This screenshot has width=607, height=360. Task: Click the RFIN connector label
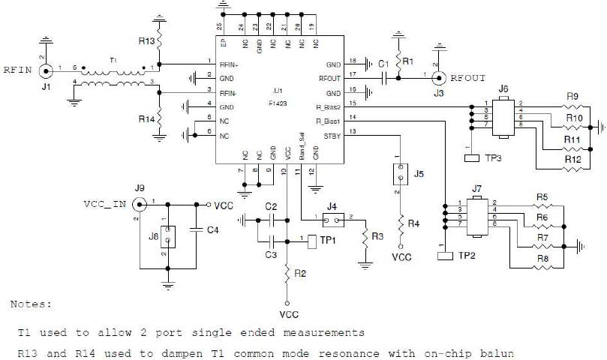click(17, 71)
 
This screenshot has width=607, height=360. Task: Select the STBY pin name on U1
click(331, 135)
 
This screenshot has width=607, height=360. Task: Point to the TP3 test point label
click(492, 157)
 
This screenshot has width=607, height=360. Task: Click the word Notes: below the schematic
click(32, 304)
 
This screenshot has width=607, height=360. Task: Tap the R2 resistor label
click(301, 273)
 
